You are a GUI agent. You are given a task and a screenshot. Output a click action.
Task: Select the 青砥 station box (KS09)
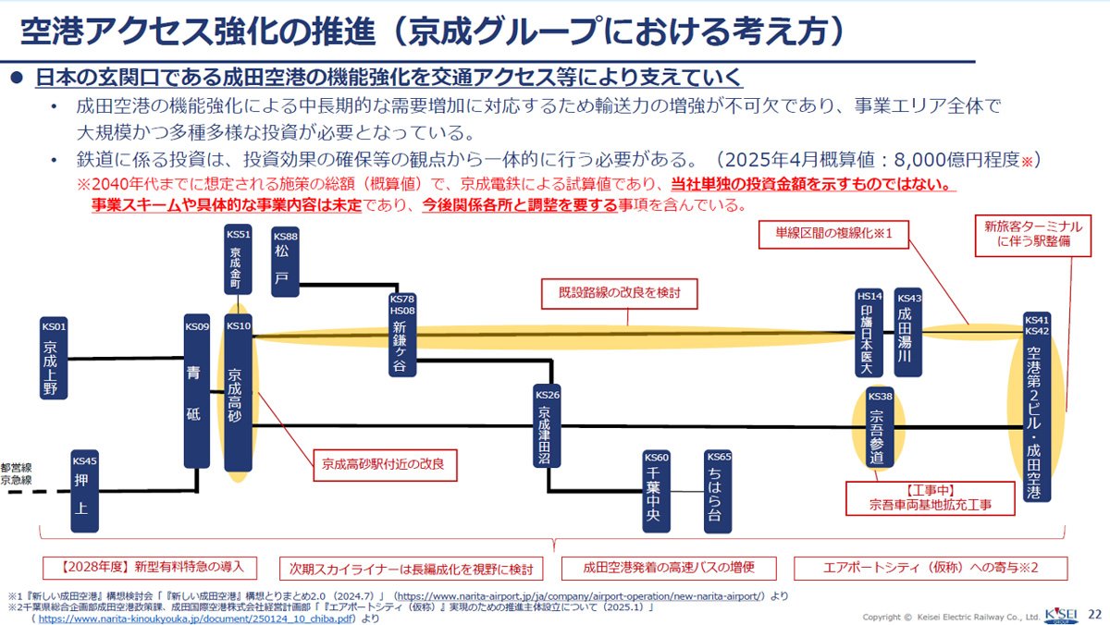coord(197,391)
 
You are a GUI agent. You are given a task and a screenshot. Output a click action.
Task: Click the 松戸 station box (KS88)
coord(285,260)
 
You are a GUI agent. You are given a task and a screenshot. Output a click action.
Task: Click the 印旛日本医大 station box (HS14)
coord(869,333)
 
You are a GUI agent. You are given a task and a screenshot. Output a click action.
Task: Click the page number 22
coord(1094,614)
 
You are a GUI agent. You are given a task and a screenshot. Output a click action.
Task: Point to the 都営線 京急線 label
coord(16,474)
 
